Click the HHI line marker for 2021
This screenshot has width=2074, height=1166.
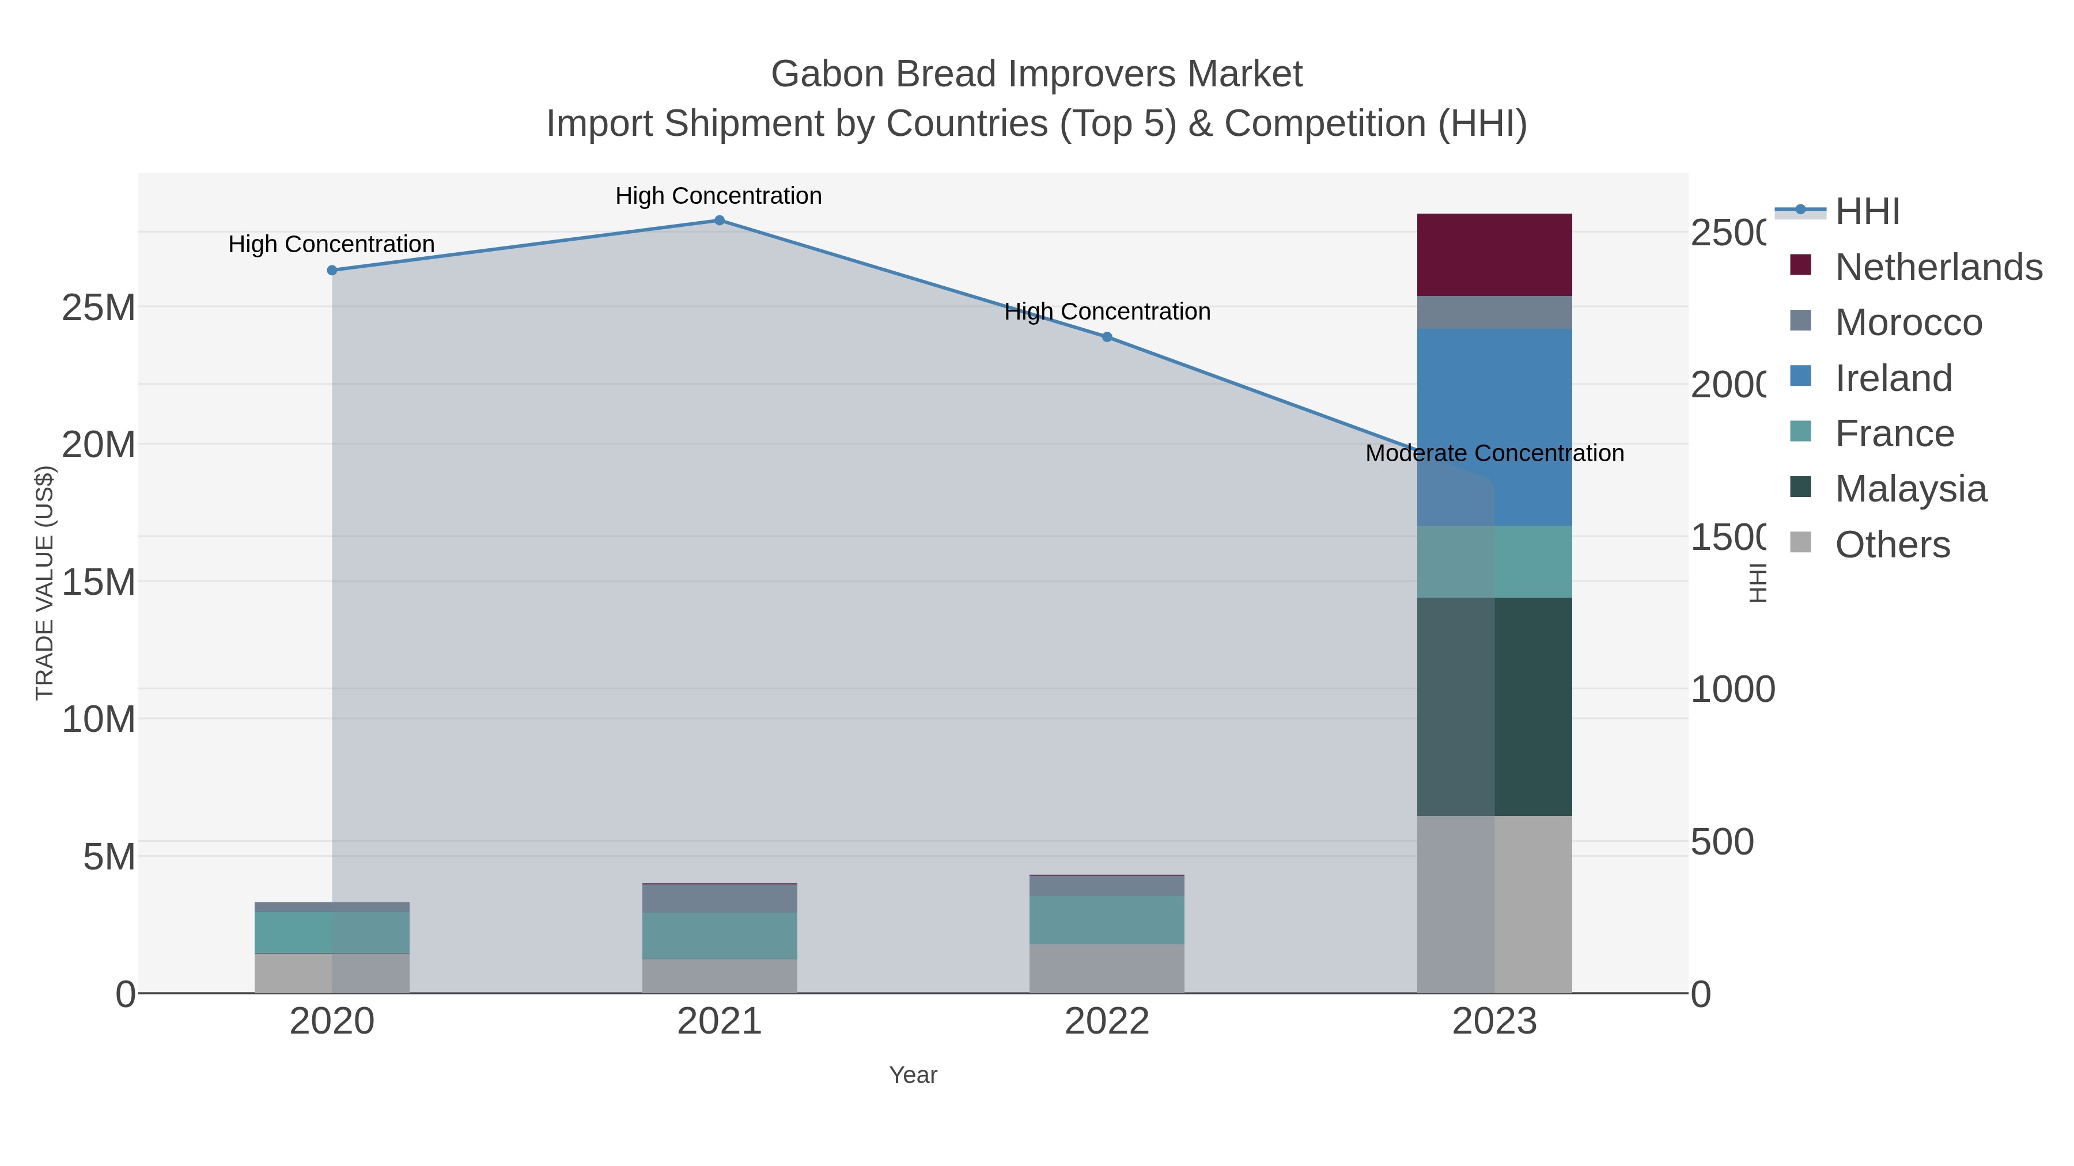(719, 221)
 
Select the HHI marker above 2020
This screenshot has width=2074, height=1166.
(332, 271)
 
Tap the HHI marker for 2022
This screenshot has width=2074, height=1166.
(1107, 337)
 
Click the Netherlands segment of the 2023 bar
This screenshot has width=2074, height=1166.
(1494, 255)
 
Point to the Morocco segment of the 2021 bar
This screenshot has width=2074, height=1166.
(719, 898)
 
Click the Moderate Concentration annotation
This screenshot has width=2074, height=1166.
(1494, 454)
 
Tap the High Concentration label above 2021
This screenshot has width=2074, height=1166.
(718, 196)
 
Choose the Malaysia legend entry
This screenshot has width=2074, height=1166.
(1910, 488)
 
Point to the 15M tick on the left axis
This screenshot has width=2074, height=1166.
(98, 582)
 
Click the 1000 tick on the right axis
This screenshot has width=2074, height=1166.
(1732, 690)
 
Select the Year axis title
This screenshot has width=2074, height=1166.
(913, 1075)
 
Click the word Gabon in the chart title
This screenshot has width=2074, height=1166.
(827, 74)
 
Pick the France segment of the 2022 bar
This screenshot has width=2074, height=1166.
(1107, 920)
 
